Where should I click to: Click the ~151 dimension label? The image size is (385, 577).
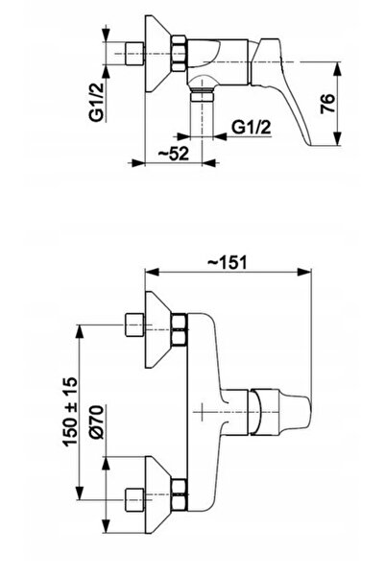pos(228,263)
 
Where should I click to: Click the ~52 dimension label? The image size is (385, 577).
pos(174,154)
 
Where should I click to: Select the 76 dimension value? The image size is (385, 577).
pos(327,104)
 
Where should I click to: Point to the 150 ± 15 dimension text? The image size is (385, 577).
pos(70,411)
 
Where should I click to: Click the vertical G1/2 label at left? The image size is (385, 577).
pos(96,102)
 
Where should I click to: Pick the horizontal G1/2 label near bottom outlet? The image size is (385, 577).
pos(252,128)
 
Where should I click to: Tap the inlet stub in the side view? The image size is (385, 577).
pos(134,54)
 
